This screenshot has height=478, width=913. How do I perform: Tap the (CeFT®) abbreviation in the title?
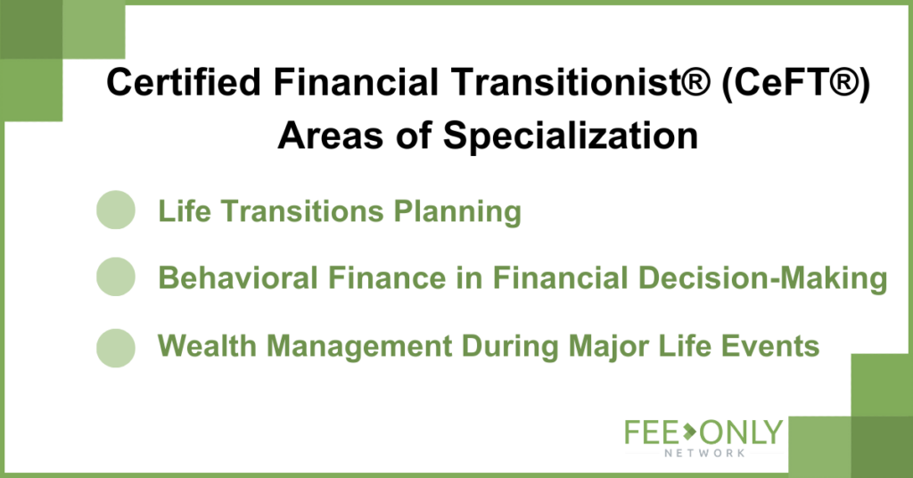click(x=795, y=82)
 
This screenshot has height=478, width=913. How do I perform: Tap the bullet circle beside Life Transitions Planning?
click(x=116, y=210)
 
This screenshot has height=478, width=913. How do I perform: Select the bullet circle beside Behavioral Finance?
click(x=116, y=276)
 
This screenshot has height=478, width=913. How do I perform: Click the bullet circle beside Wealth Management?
click(x=116, y=348)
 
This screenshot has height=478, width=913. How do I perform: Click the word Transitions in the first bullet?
click(x=302, y=210)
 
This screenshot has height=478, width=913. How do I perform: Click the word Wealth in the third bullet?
click(x=207, y=346)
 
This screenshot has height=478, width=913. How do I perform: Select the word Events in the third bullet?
click(x=770, y=346)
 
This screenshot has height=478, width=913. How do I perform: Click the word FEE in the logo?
click(x=652, y=433)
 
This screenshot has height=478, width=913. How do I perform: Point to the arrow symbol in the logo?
click(x=689, y=432)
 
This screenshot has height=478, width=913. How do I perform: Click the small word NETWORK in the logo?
click(x=704, y=453)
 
